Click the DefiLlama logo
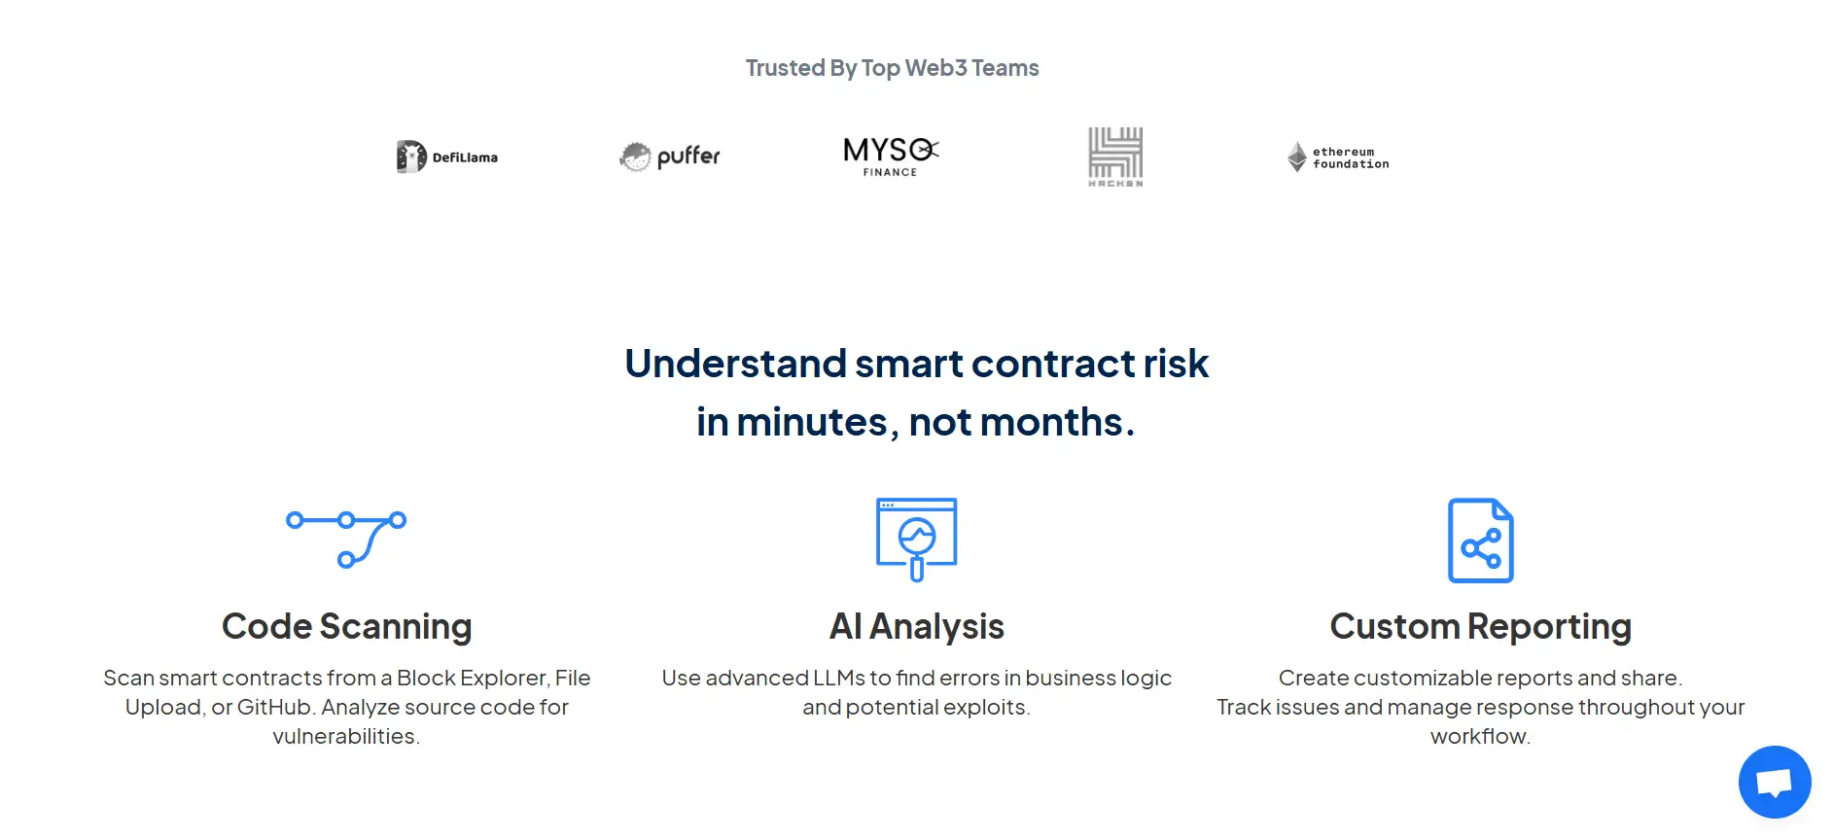(x=447, y=157)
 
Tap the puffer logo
(x=670, y=156)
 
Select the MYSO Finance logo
(x=891, y=157)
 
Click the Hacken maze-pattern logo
(x=1115, y=157)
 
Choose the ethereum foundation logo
(x=1338, y=157)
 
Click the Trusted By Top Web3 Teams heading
(x=893, y=68)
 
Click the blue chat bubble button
(x=1775, y=782)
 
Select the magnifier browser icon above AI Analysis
(x=917, y=540)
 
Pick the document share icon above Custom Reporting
(x=1481, y=541)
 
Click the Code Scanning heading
(x=347, y=626)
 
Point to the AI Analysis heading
(x=917, y=626)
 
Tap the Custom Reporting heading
(x=1481, y=626)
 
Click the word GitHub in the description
(x=274, y=707)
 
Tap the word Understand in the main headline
(x=736, y=364)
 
